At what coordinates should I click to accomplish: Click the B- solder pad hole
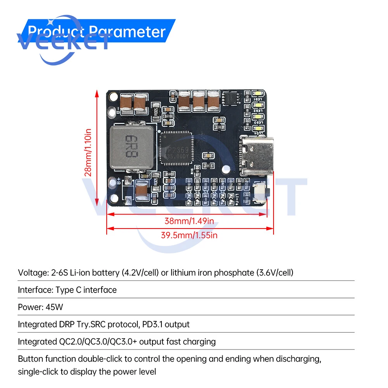[x=113, y=110]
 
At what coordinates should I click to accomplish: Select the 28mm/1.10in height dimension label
[x=88, y=152]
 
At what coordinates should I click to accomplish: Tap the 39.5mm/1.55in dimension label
[x=189, y=235]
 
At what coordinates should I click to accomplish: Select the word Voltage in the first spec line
[x=31, y=272]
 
